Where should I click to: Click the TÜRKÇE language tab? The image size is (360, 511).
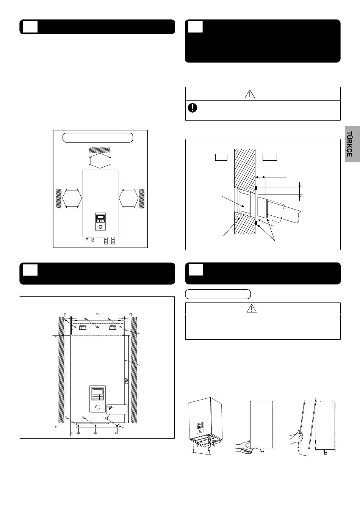tap(352, 144)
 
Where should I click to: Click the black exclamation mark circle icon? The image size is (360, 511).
tap(193, 108)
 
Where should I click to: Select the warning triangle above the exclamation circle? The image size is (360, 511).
tap(250, 94)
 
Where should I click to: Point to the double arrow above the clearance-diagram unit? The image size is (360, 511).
tap(99, 161)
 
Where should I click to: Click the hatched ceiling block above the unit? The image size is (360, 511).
tap(99, 150)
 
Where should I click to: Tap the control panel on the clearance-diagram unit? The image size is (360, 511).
tap(100, 221)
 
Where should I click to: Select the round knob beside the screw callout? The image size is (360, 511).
tap(98, 407)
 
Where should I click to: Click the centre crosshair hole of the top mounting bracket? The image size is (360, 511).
tap(98, 328)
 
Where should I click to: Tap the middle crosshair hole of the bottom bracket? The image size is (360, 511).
tap(96, 426)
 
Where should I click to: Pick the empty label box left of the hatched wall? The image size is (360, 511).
tap(221, 157)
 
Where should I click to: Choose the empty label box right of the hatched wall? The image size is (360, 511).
tap(270, 157)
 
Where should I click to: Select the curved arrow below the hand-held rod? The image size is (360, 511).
tap(303, 453)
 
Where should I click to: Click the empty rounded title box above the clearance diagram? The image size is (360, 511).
tap(98, 138)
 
